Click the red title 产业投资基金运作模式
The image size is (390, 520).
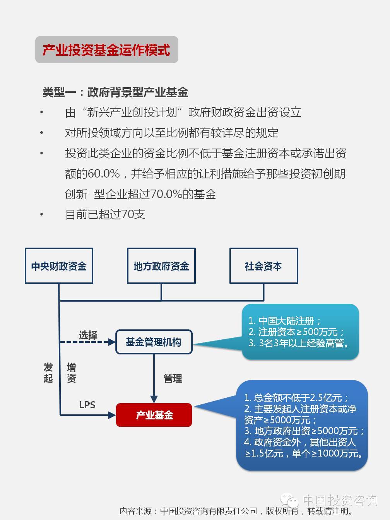click(x=106, y=50)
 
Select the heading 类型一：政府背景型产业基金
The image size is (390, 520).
click(x=116, y=92)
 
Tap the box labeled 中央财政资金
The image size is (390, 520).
click(x=59, y=266)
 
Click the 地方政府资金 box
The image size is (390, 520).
click(x=161, y=266)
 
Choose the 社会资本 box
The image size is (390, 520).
click(x=264, y=266)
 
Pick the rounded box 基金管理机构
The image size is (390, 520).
click(x=154, y=342)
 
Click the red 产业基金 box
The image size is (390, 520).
click(x=154, y=415)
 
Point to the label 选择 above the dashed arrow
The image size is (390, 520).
click(x=88, y=335)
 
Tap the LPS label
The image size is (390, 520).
click(x=87, y=405)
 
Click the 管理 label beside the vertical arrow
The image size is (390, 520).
click(x=173, y=378)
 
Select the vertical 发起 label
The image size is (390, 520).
click(x=48, y=373)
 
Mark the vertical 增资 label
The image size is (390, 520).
click(x=72, y=373)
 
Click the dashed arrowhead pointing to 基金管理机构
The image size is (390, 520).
click(x=112, y=342)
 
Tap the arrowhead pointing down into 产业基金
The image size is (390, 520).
click(x=154, y=399)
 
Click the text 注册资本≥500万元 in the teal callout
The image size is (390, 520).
click(x=298, y=332)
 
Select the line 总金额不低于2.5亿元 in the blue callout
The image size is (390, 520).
click(x=298, y=397)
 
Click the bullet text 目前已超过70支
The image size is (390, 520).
click(x=105, y=214)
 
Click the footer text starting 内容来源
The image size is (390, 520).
click(x=236, y=511)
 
